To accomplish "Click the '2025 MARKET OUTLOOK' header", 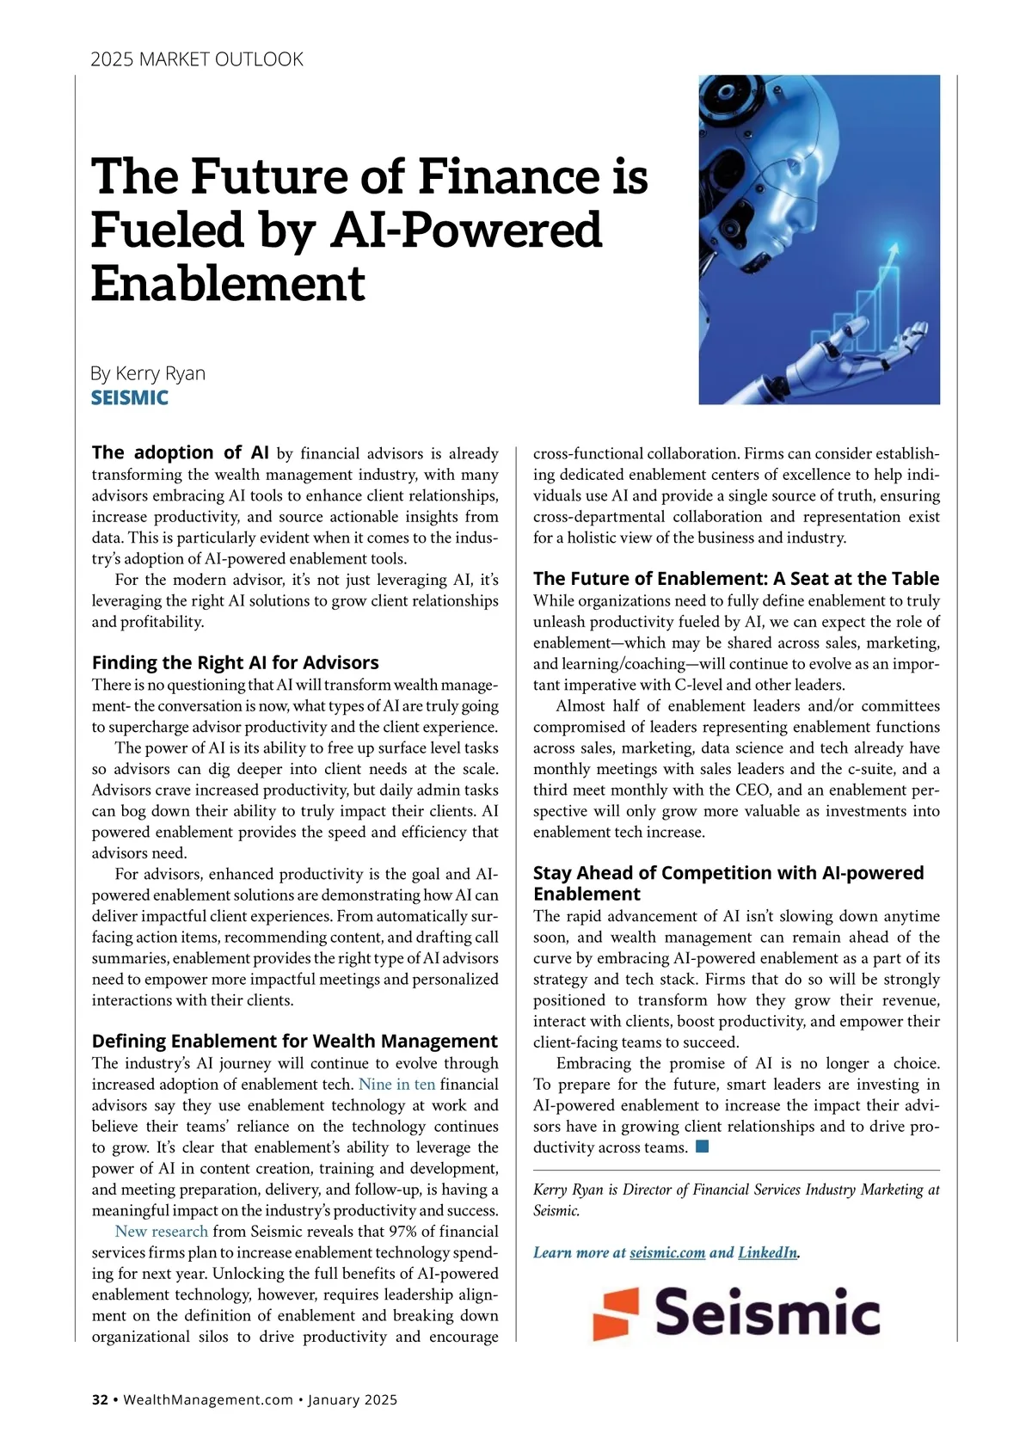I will [x=197, y=59].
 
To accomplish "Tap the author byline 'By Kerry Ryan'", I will [x=148, y=373].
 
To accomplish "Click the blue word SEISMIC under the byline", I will [x=130, y=397].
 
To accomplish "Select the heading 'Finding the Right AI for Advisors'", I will [x=235, y=662].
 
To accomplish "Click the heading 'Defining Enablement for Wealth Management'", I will [x=294, y=1041].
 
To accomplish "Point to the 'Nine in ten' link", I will [x=396, y=1085].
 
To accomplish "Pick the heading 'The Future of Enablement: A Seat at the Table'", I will [x=736, y=578].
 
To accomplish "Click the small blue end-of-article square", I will [x=702, y=1147].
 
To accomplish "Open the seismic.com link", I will [x=667, y=1252].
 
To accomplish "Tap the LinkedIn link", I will [x=767, y=1252].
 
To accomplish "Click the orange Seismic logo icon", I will [x=616, y=1313].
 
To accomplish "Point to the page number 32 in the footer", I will [x=101, y=1399].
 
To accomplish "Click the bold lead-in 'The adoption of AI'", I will [x=180, y=452].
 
